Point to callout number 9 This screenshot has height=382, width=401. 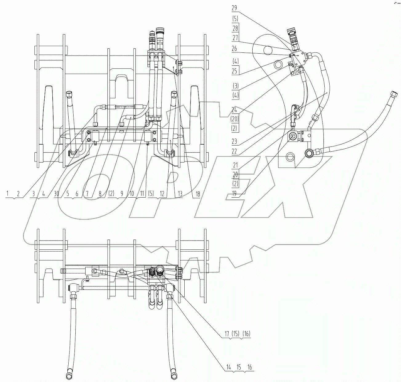click(122, 194)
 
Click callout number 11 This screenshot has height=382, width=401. click(142, 194)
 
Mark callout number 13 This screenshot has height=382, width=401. click(180, 194)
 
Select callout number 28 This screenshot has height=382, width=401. click(236, 29)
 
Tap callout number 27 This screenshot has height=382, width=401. click(236, 39)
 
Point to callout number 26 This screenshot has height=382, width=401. click(235, 48)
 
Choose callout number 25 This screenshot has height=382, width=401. click(235, 71)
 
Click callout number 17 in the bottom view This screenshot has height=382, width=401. click(227, 333)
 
